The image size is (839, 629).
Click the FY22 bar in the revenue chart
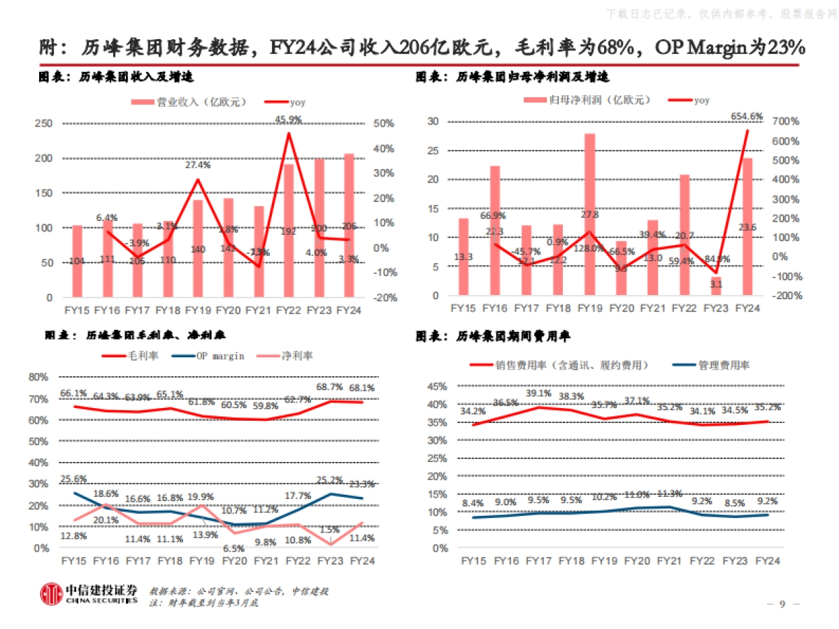pyautogui.click(x=287, y=231)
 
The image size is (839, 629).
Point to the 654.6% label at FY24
pyautogui.click(x=747, y=116)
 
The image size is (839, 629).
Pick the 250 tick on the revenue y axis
pyautogui.click(x=43, y=123)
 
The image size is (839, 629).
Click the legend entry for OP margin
pyautogui.click(x=214, y=356)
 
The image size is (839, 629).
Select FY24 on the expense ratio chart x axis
pyautogui.click(x=768, y=561)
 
